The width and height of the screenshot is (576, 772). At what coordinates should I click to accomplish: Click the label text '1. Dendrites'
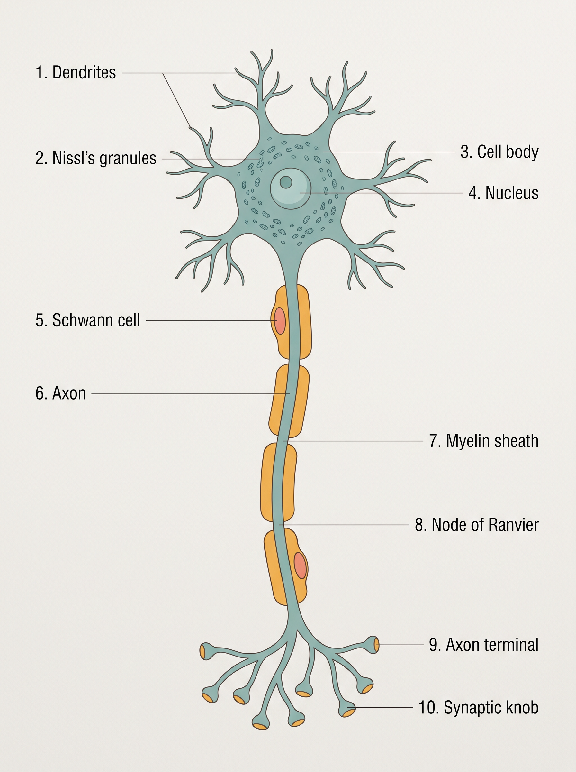click(76, 73)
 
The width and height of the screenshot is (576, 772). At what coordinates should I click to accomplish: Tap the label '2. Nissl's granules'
click(96, 158)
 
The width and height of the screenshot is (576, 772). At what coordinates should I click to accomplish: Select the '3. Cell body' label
click(499, 152)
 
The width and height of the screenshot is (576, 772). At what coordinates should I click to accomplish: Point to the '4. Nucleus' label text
click(503, 193)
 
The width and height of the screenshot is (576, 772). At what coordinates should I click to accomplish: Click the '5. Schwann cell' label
click(88, 320)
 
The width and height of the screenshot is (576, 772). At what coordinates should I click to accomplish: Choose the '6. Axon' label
click(61, 393)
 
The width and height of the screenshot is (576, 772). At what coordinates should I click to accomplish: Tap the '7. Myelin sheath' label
click(484, 441)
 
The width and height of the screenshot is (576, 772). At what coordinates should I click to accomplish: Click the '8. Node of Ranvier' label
click(477, 525)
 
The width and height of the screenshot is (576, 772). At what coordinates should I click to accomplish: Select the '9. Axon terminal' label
click(484, 645)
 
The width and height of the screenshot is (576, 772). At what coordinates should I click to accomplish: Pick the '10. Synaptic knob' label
click(479, 707)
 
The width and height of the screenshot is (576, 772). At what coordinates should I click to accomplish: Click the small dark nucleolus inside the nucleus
click(286, 182)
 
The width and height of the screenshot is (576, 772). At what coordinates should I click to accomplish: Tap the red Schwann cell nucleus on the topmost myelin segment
click(280, 321)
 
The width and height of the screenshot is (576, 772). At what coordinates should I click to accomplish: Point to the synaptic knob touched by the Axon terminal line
click(373, 645)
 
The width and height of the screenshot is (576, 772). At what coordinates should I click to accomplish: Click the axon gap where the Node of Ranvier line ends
click(279, 525)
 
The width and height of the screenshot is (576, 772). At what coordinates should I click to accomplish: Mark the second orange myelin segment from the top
click(289, 401)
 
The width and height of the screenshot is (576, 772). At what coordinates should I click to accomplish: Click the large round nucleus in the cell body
click(291, 189)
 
